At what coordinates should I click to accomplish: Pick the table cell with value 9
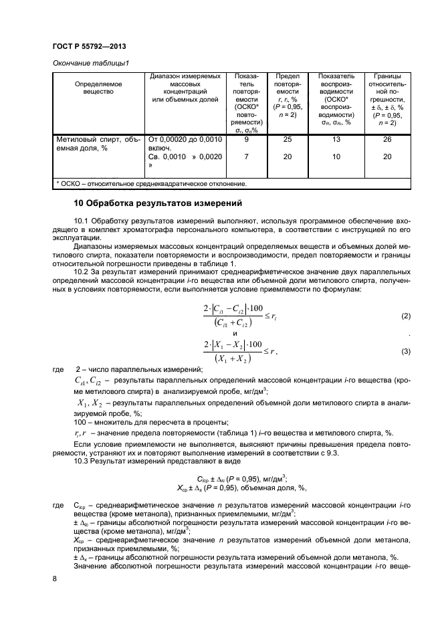[247, 140]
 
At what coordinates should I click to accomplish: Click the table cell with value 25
[288, 140]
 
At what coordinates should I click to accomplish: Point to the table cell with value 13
[336, 140]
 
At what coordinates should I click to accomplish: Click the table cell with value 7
[247, 157]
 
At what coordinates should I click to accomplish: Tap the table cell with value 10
[336, 157]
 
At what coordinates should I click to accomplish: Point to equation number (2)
[405, 315]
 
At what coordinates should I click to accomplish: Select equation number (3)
[405, 351]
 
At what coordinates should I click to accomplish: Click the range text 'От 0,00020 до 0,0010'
[184, 140]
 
